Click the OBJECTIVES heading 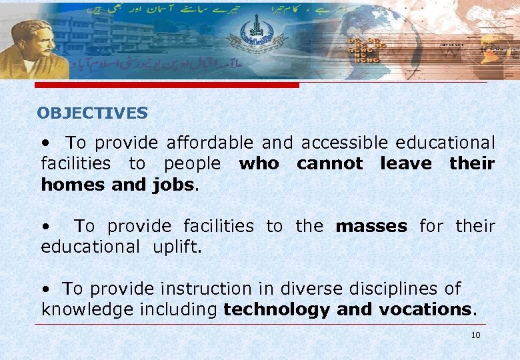[92, 113]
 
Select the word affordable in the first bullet [210, 143]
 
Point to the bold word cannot [329, 163]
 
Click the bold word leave [406, 163]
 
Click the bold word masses [371, 226]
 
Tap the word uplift [176, 247]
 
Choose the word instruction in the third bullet [198, 289]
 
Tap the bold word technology [277, 309]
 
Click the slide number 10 [475, 335]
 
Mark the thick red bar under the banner [167, 85]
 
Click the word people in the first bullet [192, 163]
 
